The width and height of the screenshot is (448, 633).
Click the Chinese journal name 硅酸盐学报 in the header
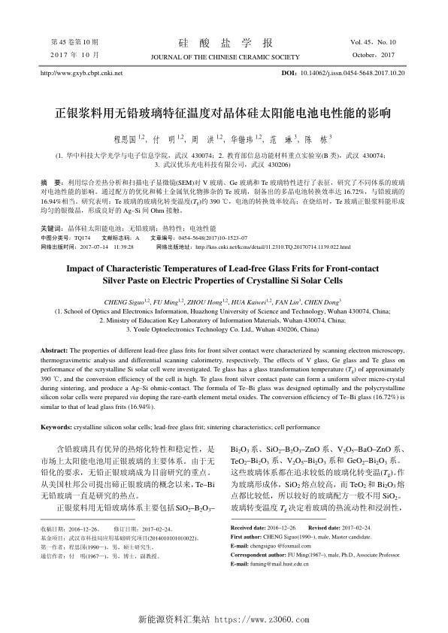[223, 42]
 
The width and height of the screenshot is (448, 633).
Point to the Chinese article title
[223, 115]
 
